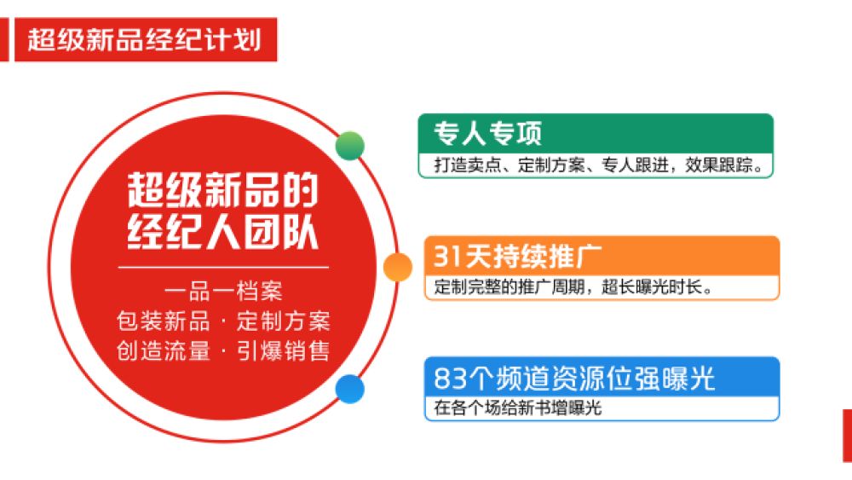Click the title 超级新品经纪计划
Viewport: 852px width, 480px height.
(145, 40)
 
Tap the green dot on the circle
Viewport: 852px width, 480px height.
(350, 146)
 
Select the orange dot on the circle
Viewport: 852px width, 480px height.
(398, 267)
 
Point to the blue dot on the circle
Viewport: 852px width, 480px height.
(350, 390)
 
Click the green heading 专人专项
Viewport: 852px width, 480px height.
(487, 133)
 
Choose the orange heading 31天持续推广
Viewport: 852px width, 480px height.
(517, 256)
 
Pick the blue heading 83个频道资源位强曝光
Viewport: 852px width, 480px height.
(573, 378)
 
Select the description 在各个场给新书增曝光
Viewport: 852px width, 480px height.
(517, 408)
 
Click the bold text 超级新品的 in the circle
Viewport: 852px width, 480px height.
(222, 190)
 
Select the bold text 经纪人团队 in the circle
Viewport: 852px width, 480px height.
(222, 233)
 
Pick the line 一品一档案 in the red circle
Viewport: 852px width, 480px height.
(223, 292)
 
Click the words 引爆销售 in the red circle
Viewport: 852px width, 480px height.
(283, 351)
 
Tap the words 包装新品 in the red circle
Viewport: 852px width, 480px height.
(164, 321)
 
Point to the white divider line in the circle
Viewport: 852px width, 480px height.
(223, 268)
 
